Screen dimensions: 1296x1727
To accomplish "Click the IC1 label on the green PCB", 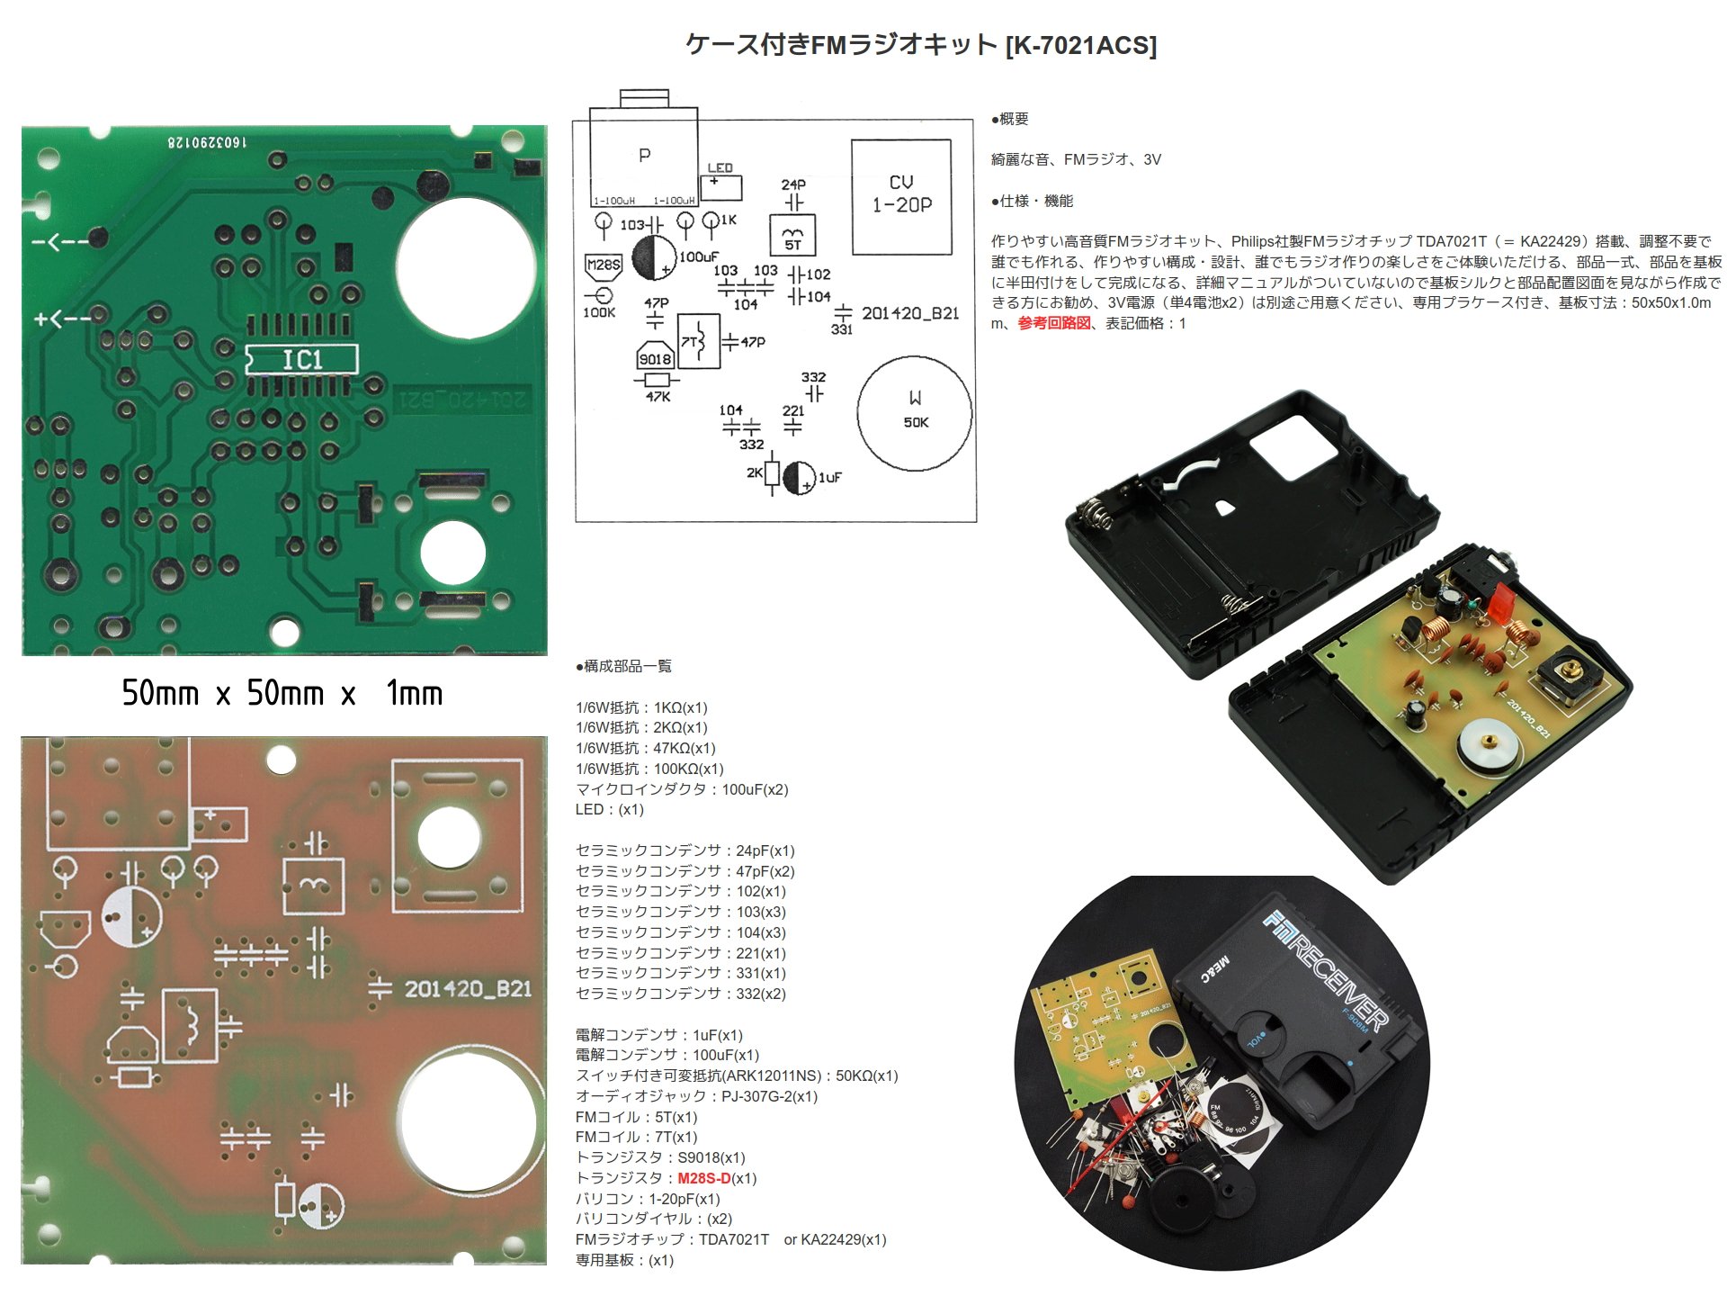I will [x=302, y=360].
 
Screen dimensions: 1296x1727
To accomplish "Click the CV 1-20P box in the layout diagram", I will [x=901, y=196].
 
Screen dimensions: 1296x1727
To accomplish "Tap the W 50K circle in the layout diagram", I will [x=915, y=413].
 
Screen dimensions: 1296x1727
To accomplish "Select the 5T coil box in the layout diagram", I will [x=792, y=236].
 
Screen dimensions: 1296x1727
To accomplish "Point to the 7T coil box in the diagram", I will [x=698, y=341].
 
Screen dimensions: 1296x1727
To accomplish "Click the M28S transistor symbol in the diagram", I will [x=603, y=265].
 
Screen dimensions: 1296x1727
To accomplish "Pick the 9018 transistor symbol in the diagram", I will [x=655, y=358].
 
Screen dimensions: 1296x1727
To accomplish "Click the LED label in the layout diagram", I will [x=720, y=168].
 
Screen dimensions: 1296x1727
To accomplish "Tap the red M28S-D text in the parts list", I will [x=703, y=1178].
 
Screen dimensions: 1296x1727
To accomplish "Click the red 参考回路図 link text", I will [x=1053, y=323].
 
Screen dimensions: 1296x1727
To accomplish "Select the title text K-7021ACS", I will [x=1081, y=45].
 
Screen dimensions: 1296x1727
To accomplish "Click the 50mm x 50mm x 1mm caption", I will [x=282, y=693].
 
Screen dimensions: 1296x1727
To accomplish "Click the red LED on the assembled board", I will [x=1500, y=601].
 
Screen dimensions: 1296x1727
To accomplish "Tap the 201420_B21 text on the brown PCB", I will [x=468, y=989].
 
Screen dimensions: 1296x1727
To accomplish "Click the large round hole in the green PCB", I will [x=466, y=267].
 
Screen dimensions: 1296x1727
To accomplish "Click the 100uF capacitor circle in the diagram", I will [x=654, y=257].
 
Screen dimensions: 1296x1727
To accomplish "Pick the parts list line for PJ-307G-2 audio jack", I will [x=696, y=1096].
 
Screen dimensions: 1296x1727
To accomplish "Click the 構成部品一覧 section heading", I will [x=623, y=666].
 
